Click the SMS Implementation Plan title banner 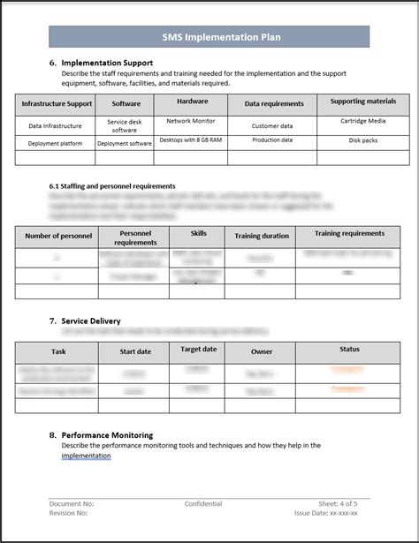(209, 37)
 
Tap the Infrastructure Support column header (57, 104)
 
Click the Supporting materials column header (362, 102)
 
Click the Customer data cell (272, 126)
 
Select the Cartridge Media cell (362, 121)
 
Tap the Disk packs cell (362, 140)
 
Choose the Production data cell (272, 140)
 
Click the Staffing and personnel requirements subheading (112, 186)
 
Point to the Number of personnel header (58, 237)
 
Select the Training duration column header (262, 237)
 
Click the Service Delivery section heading (91, 321)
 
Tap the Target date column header (198, 349)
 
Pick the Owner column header (262, 351)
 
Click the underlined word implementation (87, 456)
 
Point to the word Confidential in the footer (203, 504)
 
